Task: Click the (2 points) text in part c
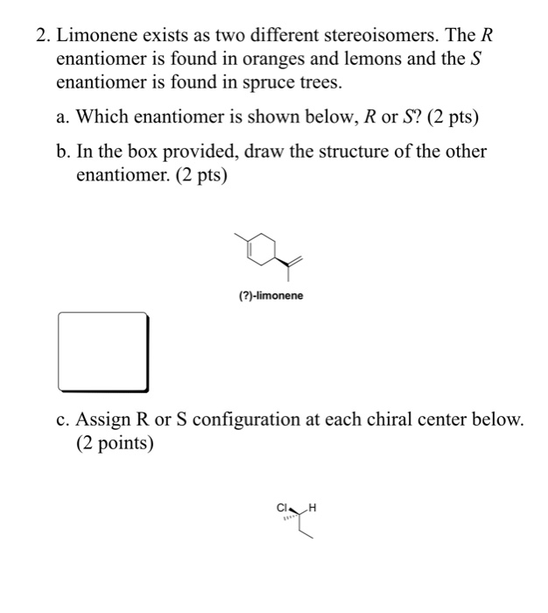pyautogui.click(x=115, y=443)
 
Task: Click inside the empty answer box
pyautogui.click(x=102, y=351)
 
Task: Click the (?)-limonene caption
pyautogui.click(x=271, y=296)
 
